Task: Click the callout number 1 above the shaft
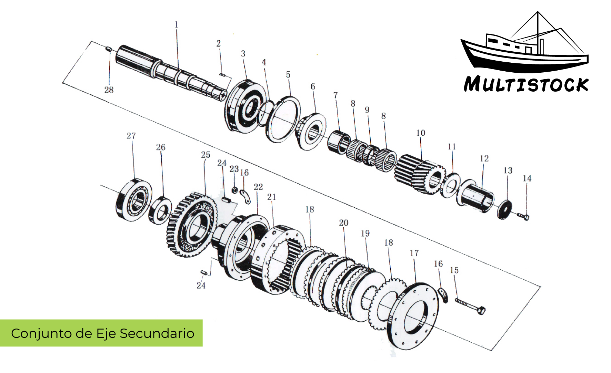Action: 176,25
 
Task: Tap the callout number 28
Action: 109,90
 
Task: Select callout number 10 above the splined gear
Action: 421,133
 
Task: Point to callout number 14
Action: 527,178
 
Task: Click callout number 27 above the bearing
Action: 131,136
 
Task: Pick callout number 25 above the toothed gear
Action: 206,155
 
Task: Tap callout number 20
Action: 343,223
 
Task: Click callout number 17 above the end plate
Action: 414,253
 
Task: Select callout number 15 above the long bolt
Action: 454,270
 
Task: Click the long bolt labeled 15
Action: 471,305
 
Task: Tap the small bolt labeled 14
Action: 523,216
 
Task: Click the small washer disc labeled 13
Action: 504,210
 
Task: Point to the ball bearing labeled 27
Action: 134,200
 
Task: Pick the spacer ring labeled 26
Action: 160,210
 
